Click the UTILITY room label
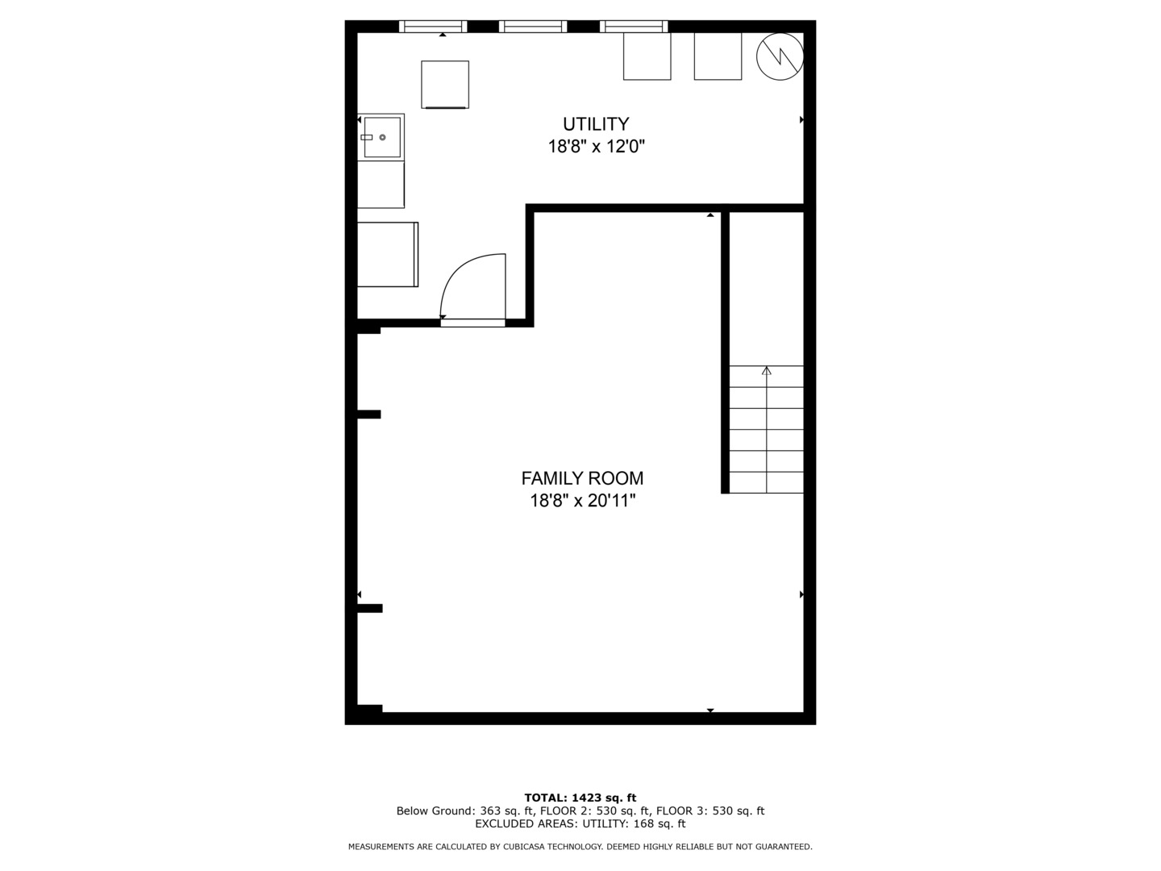tap(596, 124)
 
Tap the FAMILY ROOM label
tap(582, 478)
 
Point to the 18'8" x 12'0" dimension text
tap(596, 147)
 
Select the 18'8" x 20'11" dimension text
tap(582, 501)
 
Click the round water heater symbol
tap(780, 56)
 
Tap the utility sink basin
tap(381, 137)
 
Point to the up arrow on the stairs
tap(766, 371)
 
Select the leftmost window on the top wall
tap(434, 27)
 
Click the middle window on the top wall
tap(533, 27)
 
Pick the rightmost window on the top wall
tap(634, 27)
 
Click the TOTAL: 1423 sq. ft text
tap(580, 798)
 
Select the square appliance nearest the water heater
tap(718, 56)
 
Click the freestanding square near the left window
tap(445, 84)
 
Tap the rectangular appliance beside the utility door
tap(388, 254)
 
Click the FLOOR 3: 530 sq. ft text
tap(710, 811)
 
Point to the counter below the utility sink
tap(381, 185)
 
